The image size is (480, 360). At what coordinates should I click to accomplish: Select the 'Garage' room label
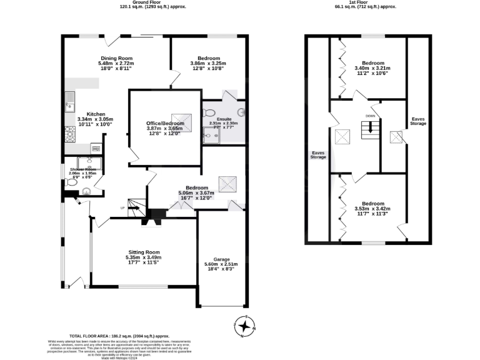click(x=222, y=259)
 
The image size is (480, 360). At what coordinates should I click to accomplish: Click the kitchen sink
click(x=71, y=100)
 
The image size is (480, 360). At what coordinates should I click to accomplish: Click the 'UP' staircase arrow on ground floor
click(x=133, y=209)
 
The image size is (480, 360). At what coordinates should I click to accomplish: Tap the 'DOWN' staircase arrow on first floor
click(x=371, y=128)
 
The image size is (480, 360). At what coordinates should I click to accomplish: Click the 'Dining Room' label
click(x=116, y=58)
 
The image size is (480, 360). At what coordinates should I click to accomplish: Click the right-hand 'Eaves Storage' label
click(x=418, y=121)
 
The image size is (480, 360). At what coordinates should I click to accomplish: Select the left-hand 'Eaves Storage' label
click(x=318, y=154)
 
